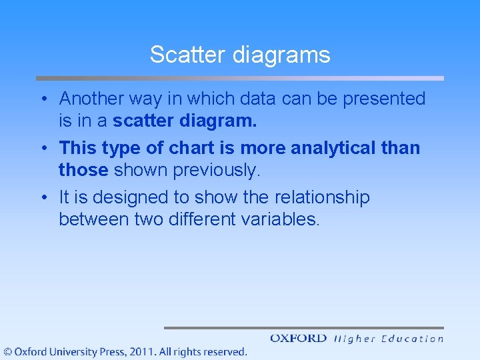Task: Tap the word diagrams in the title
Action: click(281, 55)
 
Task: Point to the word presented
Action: click(384, 99)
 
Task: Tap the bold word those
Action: click(83, 170)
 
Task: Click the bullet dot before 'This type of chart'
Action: click(42, 148)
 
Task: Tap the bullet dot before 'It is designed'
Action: click(42, 198)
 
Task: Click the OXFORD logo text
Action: click(298, 339)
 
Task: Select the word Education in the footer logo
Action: click(412, 339)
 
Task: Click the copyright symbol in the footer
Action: click(7, 351)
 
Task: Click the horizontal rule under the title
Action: click(239, 78)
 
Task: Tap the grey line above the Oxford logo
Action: click(303, 327)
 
